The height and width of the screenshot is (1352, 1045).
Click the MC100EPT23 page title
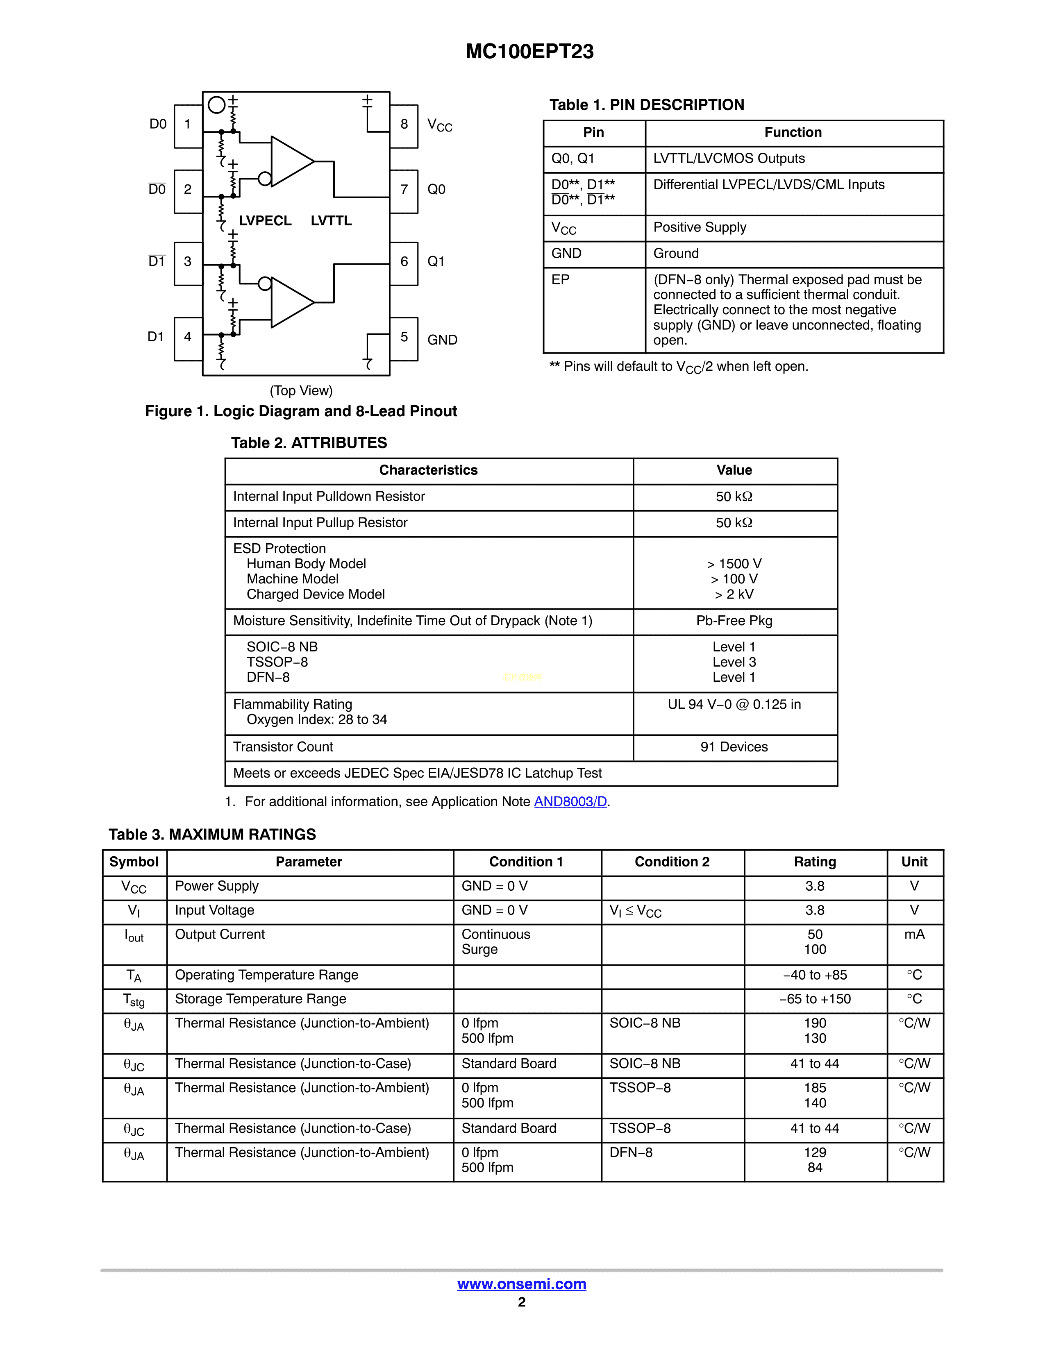pyautogui.click(x=529, y=51)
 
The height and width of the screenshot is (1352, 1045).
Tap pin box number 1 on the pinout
pyautogui.click(x=188, y=125)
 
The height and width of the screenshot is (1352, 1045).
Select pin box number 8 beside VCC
pyautogui.click(x=404, y=125)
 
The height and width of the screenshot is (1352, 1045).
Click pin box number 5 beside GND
pyautogui.click(x=404, y=337)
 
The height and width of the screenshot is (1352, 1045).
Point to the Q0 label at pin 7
pyautogui.click(x=436, y=189)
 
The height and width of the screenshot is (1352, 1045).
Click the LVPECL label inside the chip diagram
pyautogui.click(x=265, y=221)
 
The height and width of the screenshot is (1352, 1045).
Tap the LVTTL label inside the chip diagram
pyautogui.click(x=331, y=221)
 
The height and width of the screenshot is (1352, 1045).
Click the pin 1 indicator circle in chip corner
pyautogui.click(x=216, y=105)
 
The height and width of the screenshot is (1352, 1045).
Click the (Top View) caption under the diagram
pyautogui.click(x=301, y=390)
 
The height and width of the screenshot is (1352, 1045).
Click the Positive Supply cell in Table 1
pyautogui.click(x=700, y=227)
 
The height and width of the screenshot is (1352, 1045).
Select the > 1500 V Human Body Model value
pyautogui.click(x=734, y=564)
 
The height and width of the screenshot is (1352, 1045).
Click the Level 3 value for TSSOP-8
pyautogui.click(x=734, y=662)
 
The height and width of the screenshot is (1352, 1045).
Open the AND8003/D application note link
pyautogui.click(x=570, y=802)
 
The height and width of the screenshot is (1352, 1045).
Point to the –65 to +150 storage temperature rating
pyautogui.click(x=815, y=999)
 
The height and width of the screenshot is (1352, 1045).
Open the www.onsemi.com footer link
pyautogui.click(x=522, y=1284)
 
